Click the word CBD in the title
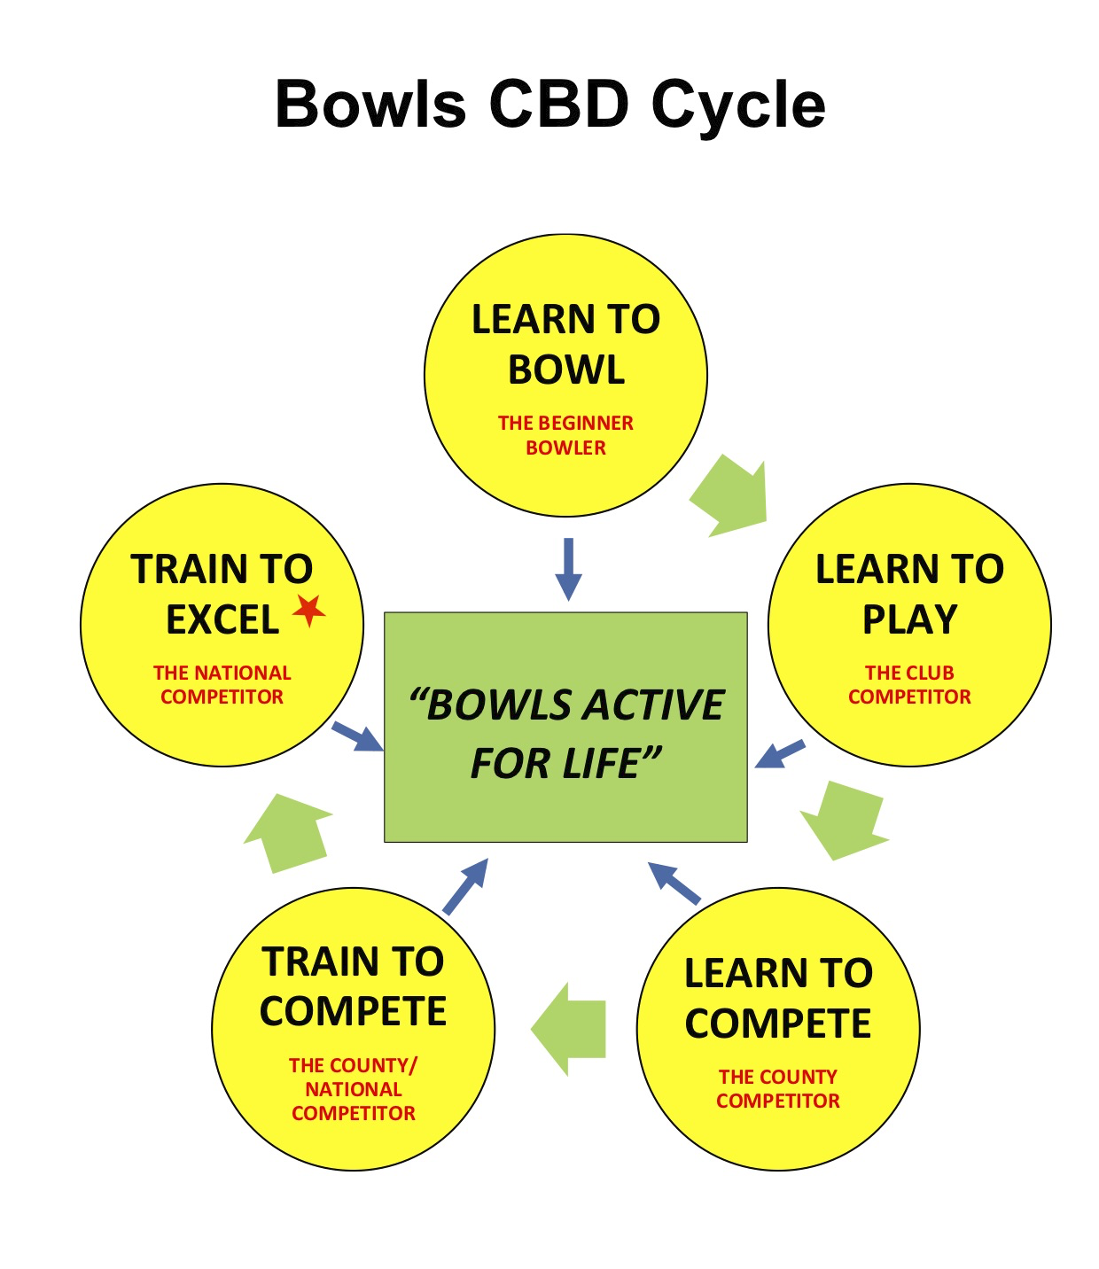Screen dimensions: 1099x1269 [x=558, y=105]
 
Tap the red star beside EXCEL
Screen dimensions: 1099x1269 [x=308, y=610]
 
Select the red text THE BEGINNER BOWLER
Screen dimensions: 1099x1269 [x=565, y=435]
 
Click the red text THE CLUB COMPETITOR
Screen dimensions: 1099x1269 [x=909, y=684]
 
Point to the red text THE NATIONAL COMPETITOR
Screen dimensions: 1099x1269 [x=222, y=684]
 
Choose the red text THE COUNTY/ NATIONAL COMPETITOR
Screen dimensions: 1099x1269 [x=353, y=1089]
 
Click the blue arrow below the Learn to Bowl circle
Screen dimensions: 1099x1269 [x=568, y=569]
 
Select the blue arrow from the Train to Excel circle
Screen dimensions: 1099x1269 [x=357, y=736]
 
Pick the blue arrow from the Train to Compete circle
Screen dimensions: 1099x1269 [x=465, y=886]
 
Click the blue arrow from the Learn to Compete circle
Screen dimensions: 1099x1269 [x=674, y=884]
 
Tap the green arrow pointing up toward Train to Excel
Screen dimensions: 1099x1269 [x=289, y=833]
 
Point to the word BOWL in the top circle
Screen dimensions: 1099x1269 [x=566, y=370]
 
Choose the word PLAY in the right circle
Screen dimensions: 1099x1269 [x=910, y=619]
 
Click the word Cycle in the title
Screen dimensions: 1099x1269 [x=738, y=105]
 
